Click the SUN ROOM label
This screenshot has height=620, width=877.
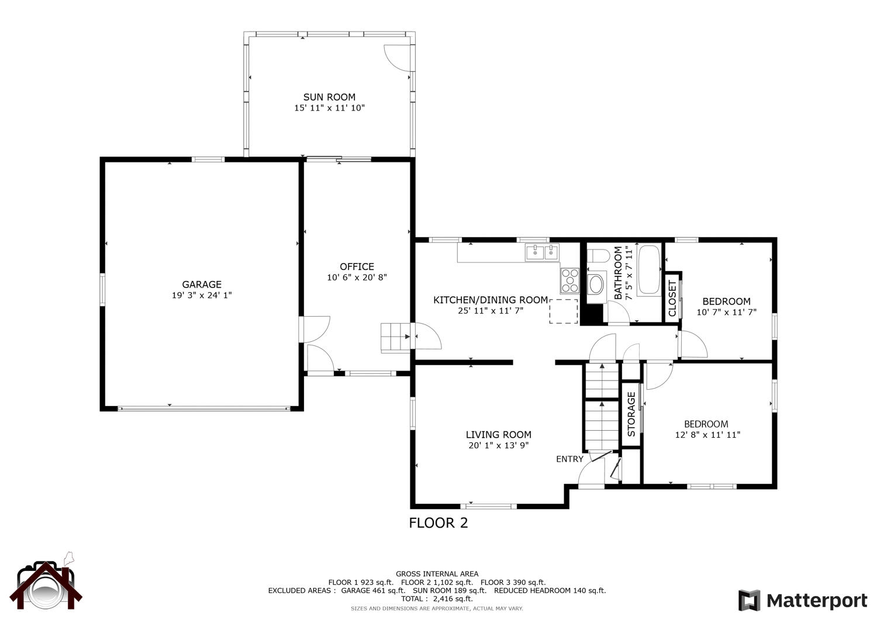pyautogui.click(x=329, y=97)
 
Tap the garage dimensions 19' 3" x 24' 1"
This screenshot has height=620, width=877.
pyautogui.click(x=202, y=295)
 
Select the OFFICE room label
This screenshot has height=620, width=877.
pyautogui.click(x=357, y=266)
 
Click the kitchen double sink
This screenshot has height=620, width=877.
pyautogui.click(x=542, y=252)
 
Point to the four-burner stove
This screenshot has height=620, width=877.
pyautogui.click(x=569, y=280)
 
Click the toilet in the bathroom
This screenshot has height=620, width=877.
pyautogui.click(x=598, y=256)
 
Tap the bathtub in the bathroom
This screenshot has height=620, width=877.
pyautogui.click(x=650, y=270)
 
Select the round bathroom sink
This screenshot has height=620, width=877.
pyautogui.click(x=597, y=285)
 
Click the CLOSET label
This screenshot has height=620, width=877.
pyautogui.click(x=672, y=298)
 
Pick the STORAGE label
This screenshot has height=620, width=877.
pyautogui.click(x=631, y=414)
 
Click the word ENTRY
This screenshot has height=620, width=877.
pyautogui.click(x=569, y=459)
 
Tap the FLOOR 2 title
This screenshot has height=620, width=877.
pyautogui.click(x=438, y=523)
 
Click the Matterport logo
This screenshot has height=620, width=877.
pyautogui.click(x=802, y=600)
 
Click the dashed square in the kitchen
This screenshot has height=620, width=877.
pyautogui.click(x=564, y=311)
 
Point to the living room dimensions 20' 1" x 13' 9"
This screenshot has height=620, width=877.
pyautogui.click(x=498, y=445)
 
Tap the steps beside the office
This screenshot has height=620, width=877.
pyautogui.click(x=395, y=337)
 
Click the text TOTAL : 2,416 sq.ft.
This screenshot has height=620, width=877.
pyautogui.click(x=437, y=598)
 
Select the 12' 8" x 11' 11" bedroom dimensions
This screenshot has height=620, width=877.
pyautogui.click(x=707, y=435)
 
